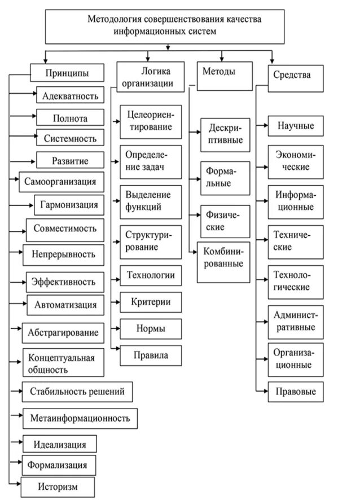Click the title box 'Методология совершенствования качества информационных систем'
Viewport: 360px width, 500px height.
164,26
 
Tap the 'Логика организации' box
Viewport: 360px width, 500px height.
151,76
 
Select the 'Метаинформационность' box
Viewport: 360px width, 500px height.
81,418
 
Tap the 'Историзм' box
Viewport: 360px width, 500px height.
58,486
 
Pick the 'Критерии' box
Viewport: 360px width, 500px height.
150,302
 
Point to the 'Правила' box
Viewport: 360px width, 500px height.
151,356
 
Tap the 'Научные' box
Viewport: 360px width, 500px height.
295,125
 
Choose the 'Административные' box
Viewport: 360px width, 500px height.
295,321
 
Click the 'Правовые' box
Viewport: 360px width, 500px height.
295,391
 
